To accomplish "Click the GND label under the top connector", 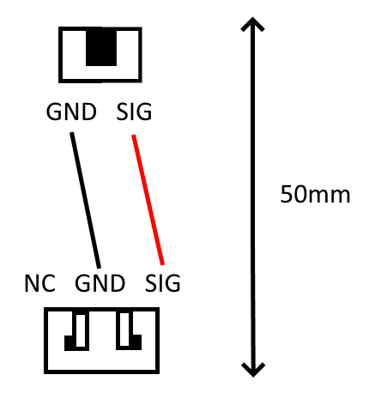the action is point(71,112).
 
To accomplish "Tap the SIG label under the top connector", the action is point(134,112).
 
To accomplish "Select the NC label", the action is point(39,283).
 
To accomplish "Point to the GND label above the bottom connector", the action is point(100,283).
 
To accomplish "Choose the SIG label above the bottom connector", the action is point(162,283).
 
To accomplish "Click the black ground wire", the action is point(86,200).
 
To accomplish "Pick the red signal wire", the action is point(148,200).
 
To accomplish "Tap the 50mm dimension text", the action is point(315,195).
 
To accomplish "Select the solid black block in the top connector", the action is point(101,46).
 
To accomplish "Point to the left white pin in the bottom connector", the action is point(81,330).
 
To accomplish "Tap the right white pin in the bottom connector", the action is point(124,329).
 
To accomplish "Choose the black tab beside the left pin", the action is point(70,343).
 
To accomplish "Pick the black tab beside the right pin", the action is point(135,342).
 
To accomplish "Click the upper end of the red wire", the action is point(133,136).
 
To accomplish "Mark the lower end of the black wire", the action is point(100,268).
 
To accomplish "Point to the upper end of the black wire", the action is point(72,133).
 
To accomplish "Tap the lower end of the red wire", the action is point(163,264).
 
